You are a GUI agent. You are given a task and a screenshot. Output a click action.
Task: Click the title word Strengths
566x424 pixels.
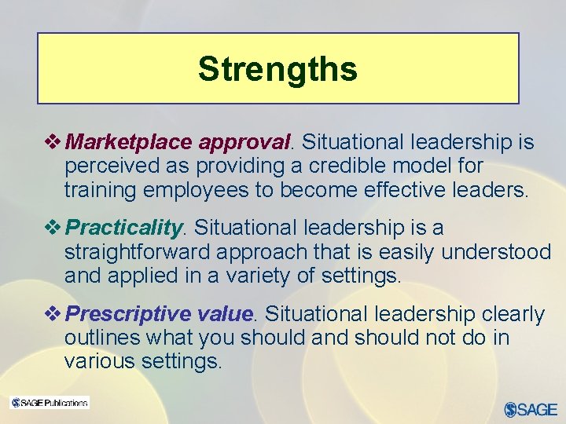pos(277,69)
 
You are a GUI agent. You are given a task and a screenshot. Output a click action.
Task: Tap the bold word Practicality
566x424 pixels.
pos(124,228)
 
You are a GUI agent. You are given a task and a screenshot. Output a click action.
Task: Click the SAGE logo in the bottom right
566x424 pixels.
pos(531,408)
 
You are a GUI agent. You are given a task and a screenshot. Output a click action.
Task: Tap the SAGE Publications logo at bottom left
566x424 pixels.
pos(49,403)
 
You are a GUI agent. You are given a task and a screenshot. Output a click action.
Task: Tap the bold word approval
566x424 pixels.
pos(244,142)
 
